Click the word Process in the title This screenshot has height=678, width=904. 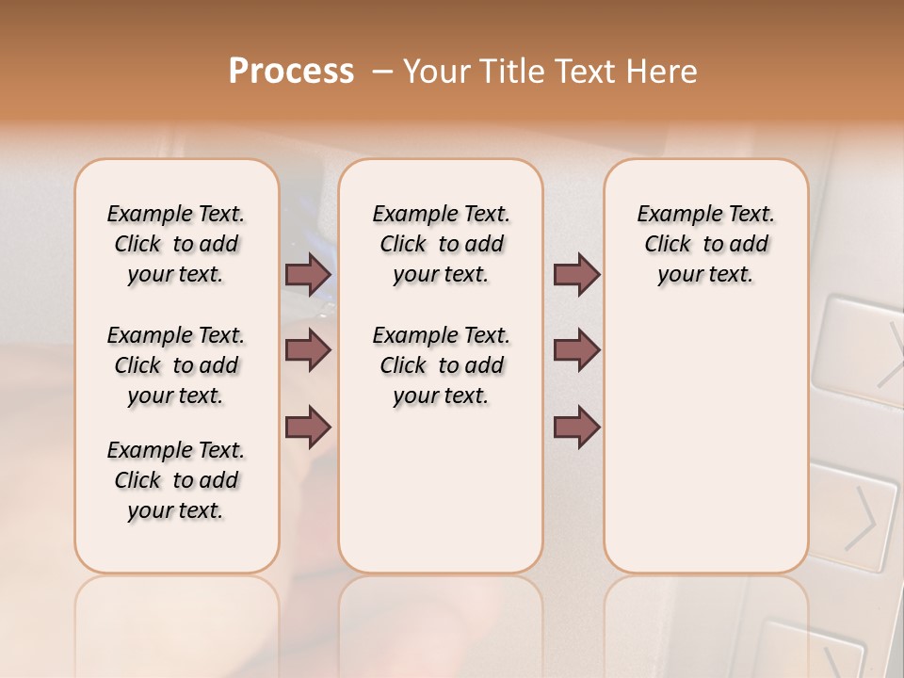tap(291, 72)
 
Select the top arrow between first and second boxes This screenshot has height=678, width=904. tap(308, 274)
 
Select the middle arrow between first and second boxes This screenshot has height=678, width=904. tap(308, 350)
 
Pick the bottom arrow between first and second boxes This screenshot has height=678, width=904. tap(308, 427)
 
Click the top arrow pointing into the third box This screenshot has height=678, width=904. tap(576, 274)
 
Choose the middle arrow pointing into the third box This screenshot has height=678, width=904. tap(576, 350)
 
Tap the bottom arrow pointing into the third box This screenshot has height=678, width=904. tap(576, 427)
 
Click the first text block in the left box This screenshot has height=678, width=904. tap(176, 244)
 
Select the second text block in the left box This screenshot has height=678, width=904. tap(176, 365)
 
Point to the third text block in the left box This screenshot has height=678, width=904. tap(176, 480)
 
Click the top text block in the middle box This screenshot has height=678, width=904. tap(441, 244)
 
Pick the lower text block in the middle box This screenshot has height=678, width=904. tap(441, 365)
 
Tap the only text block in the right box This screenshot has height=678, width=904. tap(705, 244)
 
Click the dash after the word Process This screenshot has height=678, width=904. tap(383, 73)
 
